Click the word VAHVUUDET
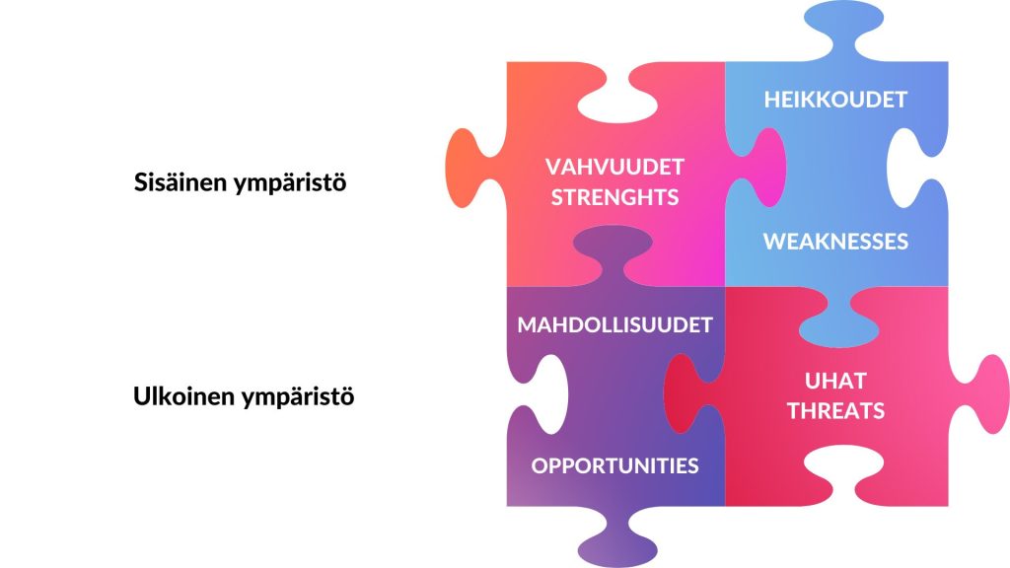click(615, 166)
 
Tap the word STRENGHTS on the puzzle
click(615, 196)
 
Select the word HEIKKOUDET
click(836, 100)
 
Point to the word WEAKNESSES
click(836, 242)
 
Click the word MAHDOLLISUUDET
click(615, 324)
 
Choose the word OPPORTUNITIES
click(615, 466)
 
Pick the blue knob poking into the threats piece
click(836, 320)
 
